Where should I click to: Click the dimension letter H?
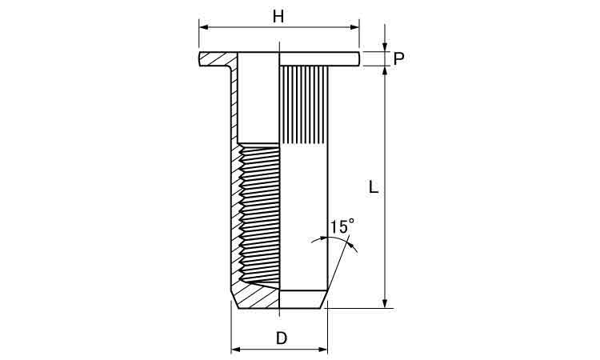tap(278, 17)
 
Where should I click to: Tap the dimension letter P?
tap(398, 59)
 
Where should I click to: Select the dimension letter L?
tap(373, 186)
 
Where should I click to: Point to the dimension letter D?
tap(282, 338)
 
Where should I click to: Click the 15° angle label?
tap(342, 226)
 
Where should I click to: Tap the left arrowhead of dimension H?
tap(203, 27)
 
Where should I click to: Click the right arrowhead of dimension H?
tap(355, 27)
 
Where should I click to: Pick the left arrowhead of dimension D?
tap(235, 350)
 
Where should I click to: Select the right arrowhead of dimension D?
tap(323, 350)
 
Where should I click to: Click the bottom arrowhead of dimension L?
tap(386, 303)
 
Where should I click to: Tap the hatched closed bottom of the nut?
tap(257, 298)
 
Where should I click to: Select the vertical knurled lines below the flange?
tap(304, 105)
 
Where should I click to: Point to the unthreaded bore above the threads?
tap(258, 98)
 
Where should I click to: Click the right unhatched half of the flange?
tap(319, 59)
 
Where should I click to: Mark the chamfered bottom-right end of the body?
tap(323, 299)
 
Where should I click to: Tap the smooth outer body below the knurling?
tap(304, 217)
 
